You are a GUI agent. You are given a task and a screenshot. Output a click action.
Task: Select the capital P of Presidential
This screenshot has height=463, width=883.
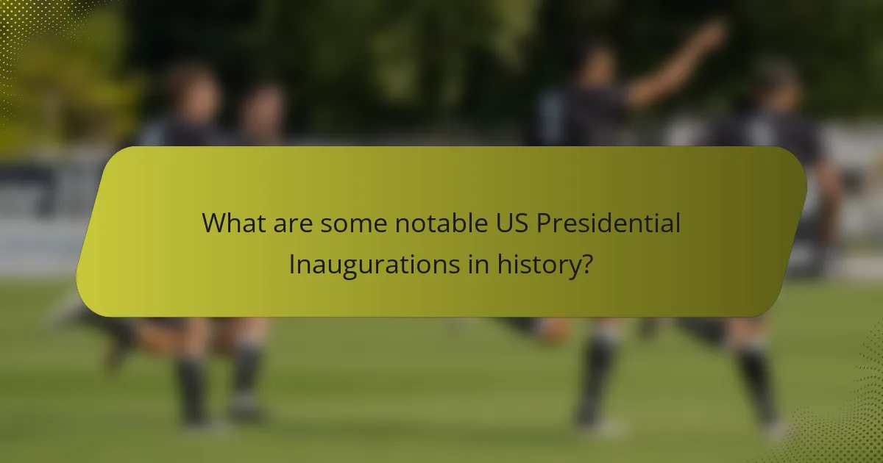(544, 223)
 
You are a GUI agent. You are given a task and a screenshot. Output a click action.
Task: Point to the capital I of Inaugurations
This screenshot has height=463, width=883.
(292, 264)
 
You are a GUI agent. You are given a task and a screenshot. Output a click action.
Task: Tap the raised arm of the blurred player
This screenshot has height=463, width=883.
(677, 66)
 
